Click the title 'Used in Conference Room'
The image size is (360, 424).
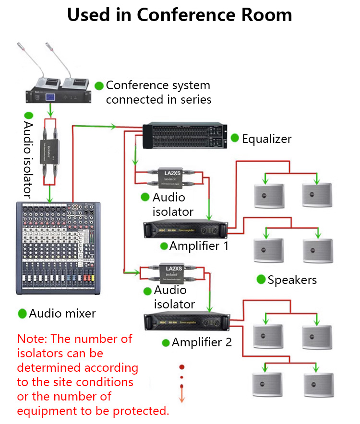pyautogui.click(x=180, y=15)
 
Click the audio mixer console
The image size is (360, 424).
pyautogui.click(x=60, y=247)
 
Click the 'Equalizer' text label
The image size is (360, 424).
pyautogui.click(x=266, y=139)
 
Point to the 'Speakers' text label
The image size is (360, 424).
pyautogui.click(x=292, y=280)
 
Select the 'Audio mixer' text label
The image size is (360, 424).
pyautogui.click(x=62, y=314)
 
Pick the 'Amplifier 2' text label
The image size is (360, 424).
pyautogui.click(x=202, y=342)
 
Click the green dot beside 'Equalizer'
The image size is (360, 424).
pyautogui.click(x=235, y=138)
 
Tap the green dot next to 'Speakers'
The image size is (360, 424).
pyautogui.click(x=261, y=279)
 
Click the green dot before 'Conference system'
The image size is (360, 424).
pyautogui.click(x=99, y=86)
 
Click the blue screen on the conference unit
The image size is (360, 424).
pyautogui.click(x=50, y=96)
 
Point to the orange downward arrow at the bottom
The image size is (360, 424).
pyautogui.click(x=182, y=396)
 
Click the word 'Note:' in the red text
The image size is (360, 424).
pyautogui.click(x=32, y=339)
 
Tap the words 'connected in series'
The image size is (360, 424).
pyautogui.click(x=158, y=100)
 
